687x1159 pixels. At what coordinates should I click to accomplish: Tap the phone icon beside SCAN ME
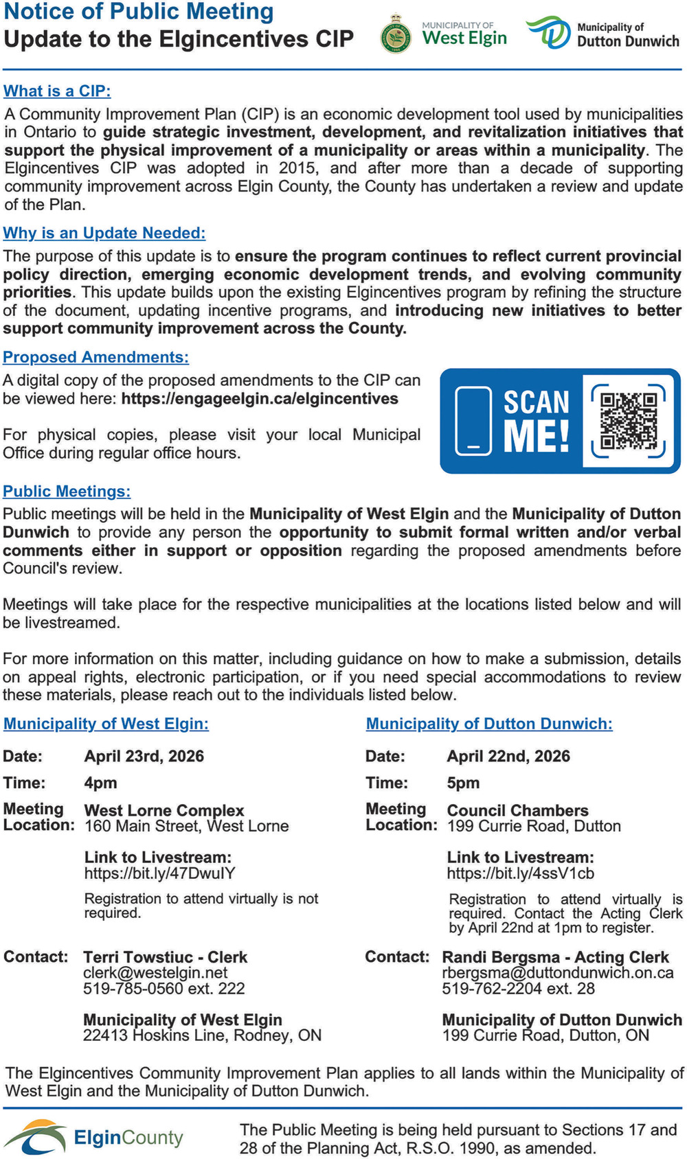coord(473,420)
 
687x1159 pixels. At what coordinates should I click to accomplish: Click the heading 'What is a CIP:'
coord(57,91)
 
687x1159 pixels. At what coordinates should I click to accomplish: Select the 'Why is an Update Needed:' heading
coord(104,233)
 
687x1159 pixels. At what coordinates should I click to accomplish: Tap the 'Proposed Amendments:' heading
coord(96,357)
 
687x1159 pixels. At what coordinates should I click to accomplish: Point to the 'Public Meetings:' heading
coord(67,492)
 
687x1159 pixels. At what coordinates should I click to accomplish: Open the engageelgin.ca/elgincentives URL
coord(260,399)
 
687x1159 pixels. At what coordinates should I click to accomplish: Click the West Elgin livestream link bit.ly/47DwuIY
coord(160,873)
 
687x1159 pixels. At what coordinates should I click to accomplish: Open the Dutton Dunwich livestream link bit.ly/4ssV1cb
coord(521,873)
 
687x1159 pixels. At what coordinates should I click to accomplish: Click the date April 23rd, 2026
coord(144,757)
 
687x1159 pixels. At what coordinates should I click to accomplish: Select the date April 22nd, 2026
coord(508,757)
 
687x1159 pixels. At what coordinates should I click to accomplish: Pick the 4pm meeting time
coord(101,783)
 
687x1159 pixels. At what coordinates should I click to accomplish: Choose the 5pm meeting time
coord(464,783)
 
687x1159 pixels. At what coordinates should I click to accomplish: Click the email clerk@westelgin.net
coord(155,973)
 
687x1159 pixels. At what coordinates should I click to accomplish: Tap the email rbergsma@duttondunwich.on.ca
coord(558,973)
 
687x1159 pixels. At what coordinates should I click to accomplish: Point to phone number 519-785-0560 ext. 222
coord(164,989)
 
